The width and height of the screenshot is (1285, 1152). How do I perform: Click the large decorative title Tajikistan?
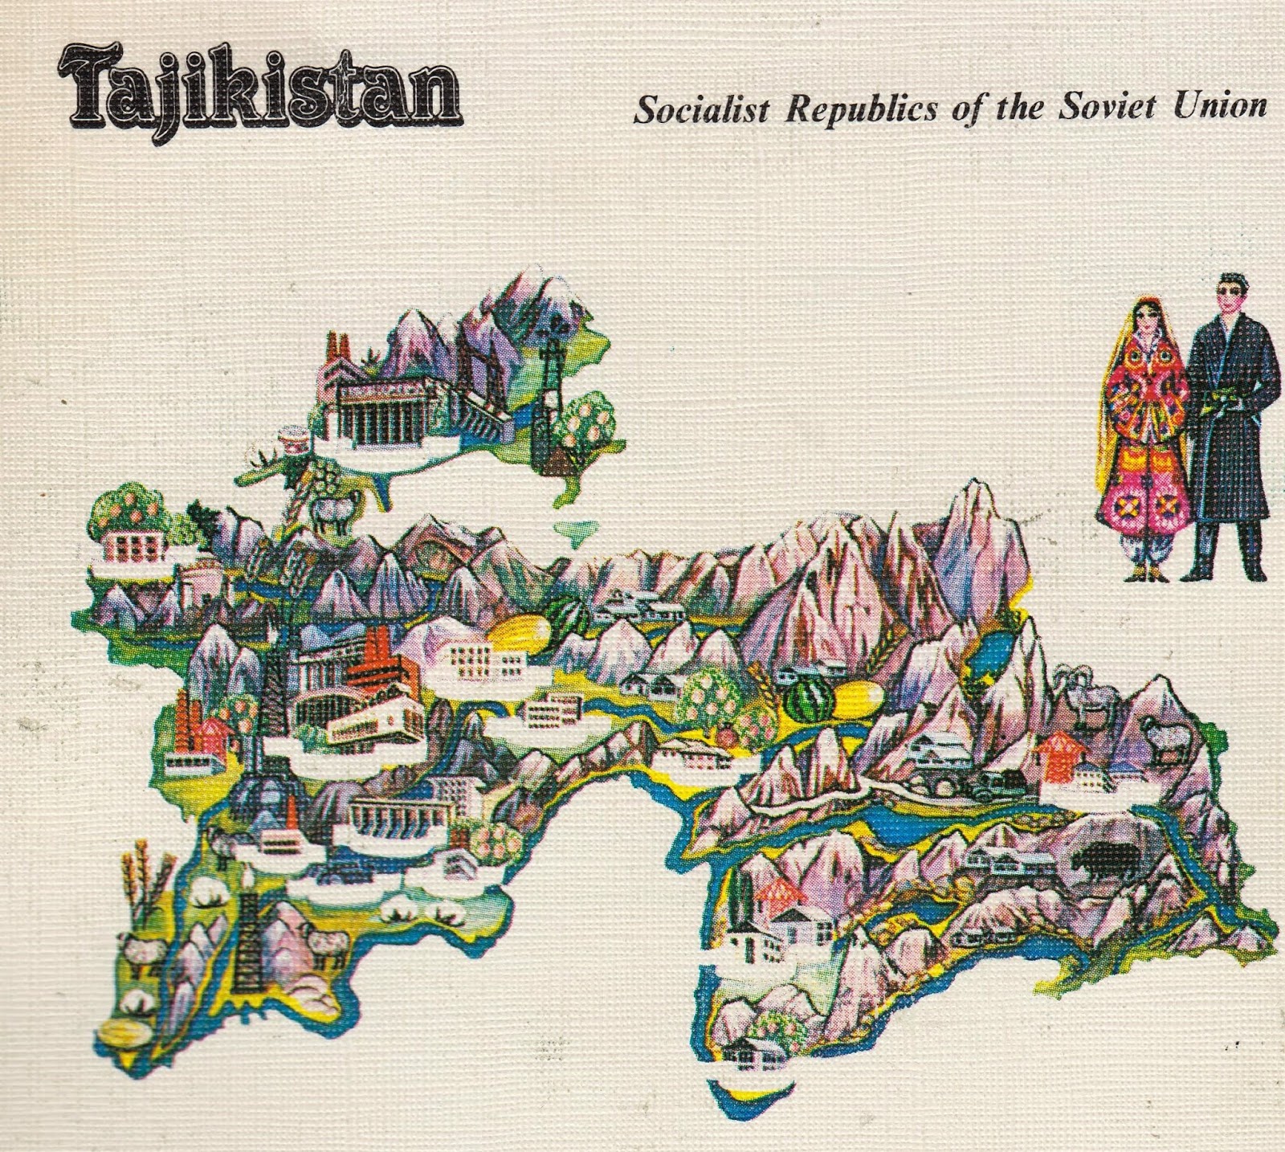(259, 97)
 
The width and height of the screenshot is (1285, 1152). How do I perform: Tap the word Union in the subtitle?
(1219, 106)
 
